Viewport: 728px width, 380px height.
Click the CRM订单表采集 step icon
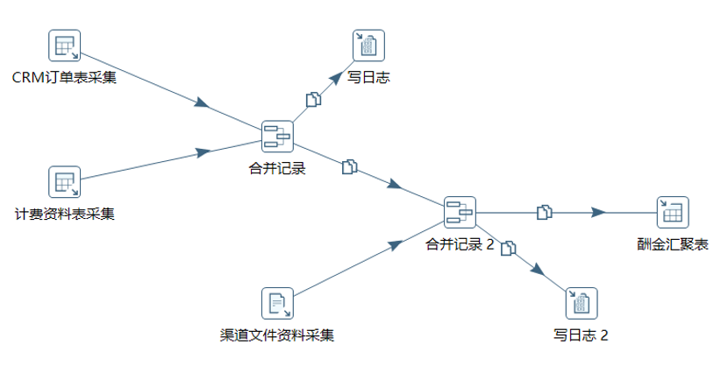click(x=64, y=46)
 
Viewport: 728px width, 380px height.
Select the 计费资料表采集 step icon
click(x=64, y=182)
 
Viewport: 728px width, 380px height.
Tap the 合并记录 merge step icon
click(x=277, y=137)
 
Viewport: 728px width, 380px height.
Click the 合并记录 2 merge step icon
click(x=460, y=212)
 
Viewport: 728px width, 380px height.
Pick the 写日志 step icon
click(x=368, y=46)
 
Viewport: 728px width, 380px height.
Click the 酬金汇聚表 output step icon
click(x=673, y=212)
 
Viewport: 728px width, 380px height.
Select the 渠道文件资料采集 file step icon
click(x=277, y=303)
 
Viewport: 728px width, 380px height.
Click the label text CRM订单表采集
click(x=64, y=78)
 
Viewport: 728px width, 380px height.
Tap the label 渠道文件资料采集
click(x=277, y=334)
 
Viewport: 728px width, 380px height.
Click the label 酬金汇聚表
click(x=673, y=244)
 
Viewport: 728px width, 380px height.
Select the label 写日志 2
click(x=581, y=334)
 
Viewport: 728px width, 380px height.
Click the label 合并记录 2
click(x=460, y=244)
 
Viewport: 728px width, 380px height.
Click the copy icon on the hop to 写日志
click(x=313, y=100)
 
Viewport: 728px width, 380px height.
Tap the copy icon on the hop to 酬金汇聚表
click(x=545, y=212)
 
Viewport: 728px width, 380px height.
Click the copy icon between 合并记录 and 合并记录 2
click(x=349, y=166)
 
